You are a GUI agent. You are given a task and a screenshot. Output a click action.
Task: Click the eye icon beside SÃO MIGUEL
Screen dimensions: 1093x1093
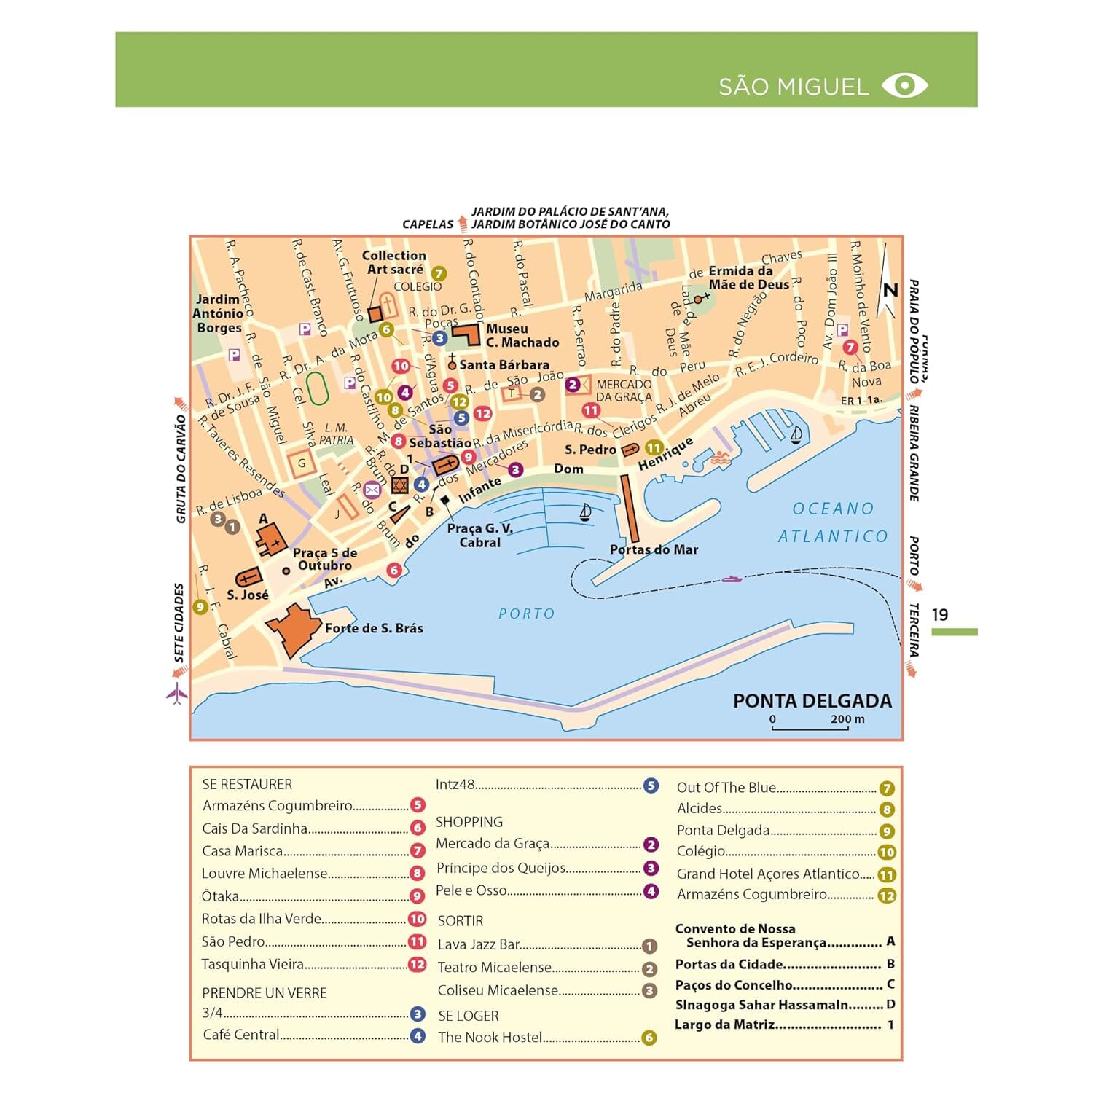pos(904,85)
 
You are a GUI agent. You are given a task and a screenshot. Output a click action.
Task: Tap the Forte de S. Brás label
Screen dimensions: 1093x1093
pos(373,628)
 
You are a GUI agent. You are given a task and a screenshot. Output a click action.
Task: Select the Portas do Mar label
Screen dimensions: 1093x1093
pos(654,549)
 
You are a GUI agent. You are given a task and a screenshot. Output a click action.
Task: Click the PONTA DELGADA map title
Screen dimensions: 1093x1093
pos(812,701)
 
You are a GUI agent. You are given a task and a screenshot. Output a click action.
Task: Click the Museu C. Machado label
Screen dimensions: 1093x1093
pos(522,335)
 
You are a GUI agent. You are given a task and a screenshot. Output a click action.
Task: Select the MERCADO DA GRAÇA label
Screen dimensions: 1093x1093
pos(624,391)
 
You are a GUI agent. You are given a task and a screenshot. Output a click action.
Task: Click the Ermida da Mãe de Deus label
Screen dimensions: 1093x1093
pos(748,278)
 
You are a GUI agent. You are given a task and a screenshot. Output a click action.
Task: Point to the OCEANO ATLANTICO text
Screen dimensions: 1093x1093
pos(833,522)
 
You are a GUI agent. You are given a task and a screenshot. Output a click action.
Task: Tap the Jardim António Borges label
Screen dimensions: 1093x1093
pos(218,313)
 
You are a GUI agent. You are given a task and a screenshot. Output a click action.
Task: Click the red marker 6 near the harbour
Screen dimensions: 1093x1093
pos(394,570)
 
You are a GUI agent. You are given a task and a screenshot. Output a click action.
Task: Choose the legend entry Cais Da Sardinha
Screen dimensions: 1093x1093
pos(255,828)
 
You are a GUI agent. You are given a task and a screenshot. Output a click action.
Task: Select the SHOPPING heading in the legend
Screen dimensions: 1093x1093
pos(469,822)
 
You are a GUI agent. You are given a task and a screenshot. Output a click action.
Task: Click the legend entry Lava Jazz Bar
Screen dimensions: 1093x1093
pos(479,944)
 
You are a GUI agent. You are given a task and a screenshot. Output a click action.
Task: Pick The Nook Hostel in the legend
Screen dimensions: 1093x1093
pos(490,1037)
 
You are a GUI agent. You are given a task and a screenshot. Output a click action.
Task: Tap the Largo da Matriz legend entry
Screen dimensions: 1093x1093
pos(724,1025)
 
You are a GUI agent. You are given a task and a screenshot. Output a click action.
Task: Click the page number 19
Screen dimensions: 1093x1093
pos(940,614)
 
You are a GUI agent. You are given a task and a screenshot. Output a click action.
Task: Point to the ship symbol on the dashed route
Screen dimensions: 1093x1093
pos(732,579)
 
